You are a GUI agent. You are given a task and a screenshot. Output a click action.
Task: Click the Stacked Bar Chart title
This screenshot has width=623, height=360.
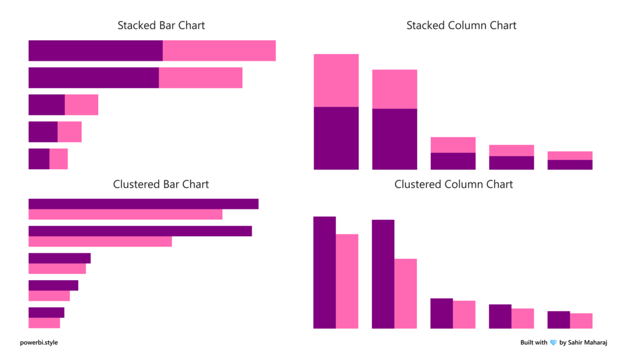click(x=161, y=26)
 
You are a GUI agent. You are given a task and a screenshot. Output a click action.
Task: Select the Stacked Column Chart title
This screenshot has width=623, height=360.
click(x=461, y=26)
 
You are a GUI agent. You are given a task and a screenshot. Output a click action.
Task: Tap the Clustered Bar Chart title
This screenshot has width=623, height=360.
click(x=161, y=185)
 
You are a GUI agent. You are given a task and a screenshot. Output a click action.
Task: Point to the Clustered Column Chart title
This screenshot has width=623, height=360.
click(x=454, y=185)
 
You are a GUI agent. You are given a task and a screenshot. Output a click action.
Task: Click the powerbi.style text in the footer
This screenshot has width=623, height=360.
click(x=39, y=343)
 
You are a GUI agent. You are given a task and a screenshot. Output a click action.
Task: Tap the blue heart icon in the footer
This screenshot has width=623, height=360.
click(x=553, y=343)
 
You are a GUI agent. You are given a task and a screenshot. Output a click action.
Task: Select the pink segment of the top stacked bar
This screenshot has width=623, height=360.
click(x=219, y=51)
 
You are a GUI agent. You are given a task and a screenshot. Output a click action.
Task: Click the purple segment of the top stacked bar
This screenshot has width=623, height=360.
click(x=95, y=51)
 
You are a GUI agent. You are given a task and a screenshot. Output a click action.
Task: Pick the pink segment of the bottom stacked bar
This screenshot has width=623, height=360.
click(x=58, y=159)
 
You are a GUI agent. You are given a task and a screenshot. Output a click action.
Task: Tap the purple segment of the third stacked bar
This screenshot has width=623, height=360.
click(x=46, y=105)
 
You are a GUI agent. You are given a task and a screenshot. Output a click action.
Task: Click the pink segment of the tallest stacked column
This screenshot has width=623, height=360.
click(x=336, y=81)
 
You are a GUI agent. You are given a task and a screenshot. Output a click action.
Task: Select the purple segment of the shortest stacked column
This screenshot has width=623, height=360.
click(x=570, y=165)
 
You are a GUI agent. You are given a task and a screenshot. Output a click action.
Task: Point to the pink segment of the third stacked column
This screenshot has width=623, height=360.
click(x=453, y=145)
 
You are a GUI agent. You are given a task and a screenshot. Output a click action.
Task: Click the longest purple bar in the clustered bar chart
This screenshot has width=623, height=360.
click(x=143, y=204)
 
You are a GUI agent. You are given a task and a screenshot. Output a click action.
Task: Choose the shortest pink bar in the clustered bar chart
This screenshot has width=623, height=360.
click(x=44, y=323)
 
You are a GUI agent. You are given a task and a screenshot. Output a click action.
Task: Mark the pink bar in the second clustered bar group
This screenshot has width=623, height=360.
click(x=100, y=242)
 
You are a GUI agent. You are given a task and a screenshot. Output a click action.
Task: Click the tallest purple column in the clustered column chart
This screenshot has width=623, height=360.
click(x=324, y=273)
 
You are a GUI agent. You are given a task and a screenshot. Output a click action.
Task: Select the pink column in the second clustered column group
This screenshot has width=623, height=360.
click(x=405, y=294)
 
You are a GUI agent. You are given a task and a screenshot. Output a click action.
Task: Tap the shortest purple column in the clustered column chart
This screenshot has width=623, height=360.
click(x=559, y=320)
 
